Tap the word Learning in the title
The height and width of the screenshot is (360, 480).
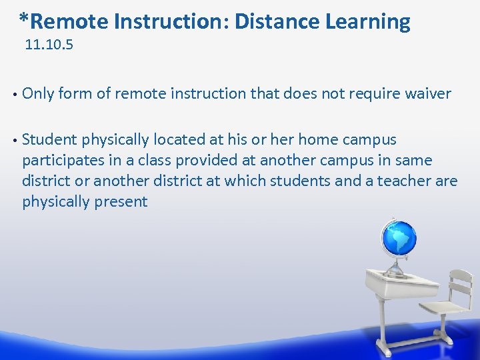[x=367, y=22]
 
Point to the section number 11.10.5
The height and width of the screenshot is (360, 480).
[x=49, y=46]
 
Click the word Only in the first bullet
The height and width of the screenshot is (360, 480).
[x=38, y=94]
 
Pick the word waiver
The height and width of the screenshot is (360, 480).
[x=427, y=94]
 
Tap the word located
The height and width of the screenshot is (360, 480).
[x=178, y=140]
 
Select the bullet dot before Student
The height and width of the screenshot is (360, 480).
[x=14, y=141]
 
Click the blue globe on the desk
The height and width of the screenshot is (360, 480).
[x=398, y=239]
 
